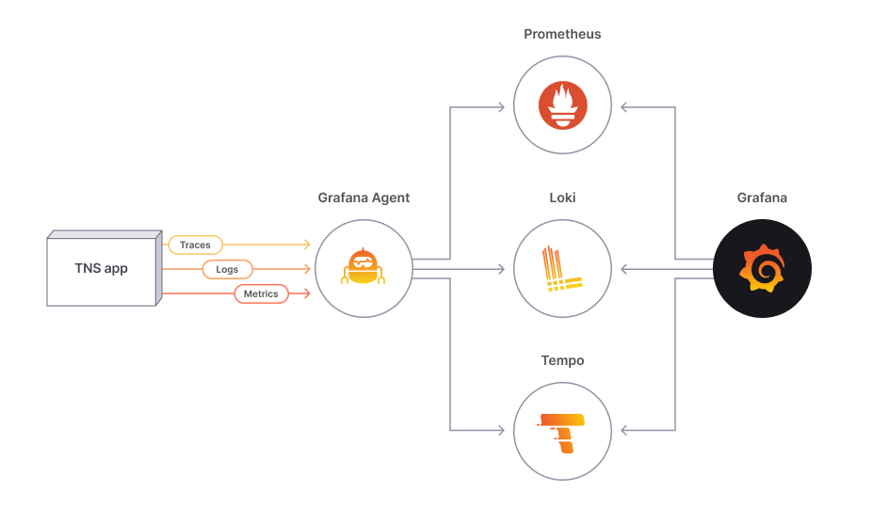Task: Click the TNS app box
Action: pos(102,269)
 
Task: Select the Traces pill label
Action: pos(195,245)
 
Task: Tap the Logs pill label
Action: pos(227,269)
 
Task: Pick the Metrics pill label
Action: pos(261,293)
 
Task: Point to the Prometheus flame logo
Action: pos(562,105)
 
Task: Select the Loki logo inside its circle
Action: pos(562,268)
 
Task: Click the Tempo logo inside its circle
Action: pos(562,432)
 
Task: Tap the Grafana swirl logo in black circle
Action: pos(762,268)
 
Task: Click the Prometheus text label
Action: pos(562,34)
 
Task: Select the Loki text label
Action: pos(562,198)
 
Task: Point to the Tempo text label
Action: pos(562,360)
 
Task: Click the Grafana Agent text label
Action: pos(363,198)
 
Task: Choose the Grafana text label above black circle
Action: pos(762,198)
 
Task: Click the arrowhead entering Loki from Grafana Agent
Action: pos(500,270)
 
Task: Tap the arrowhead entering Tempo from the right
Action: pos(625,431)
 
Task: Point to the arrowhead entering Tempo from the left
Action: pos(500,431)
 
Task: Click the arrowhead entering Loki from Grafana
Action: pos(625,270)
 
